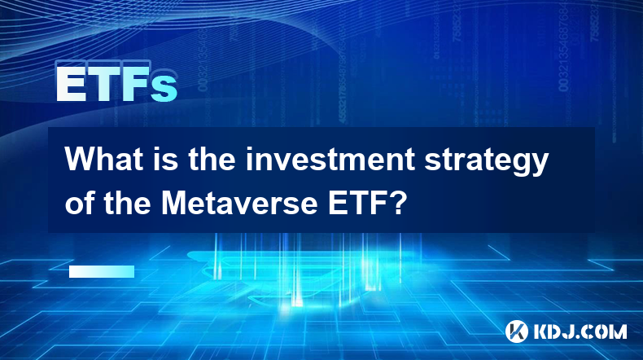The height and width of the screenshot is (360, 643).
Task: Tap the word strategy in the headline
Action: coord(486,162)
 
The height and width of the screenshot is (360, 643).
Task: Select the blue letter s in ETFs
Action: coord(164,89)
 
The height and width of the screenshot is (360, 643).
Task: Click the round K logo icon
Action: coord(516,331)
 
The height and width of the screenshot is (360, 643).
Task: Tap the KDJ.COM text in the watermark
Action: coord(580,331)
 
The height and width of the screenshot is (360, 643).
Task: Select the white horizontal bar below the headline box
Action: coord(102,271)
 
